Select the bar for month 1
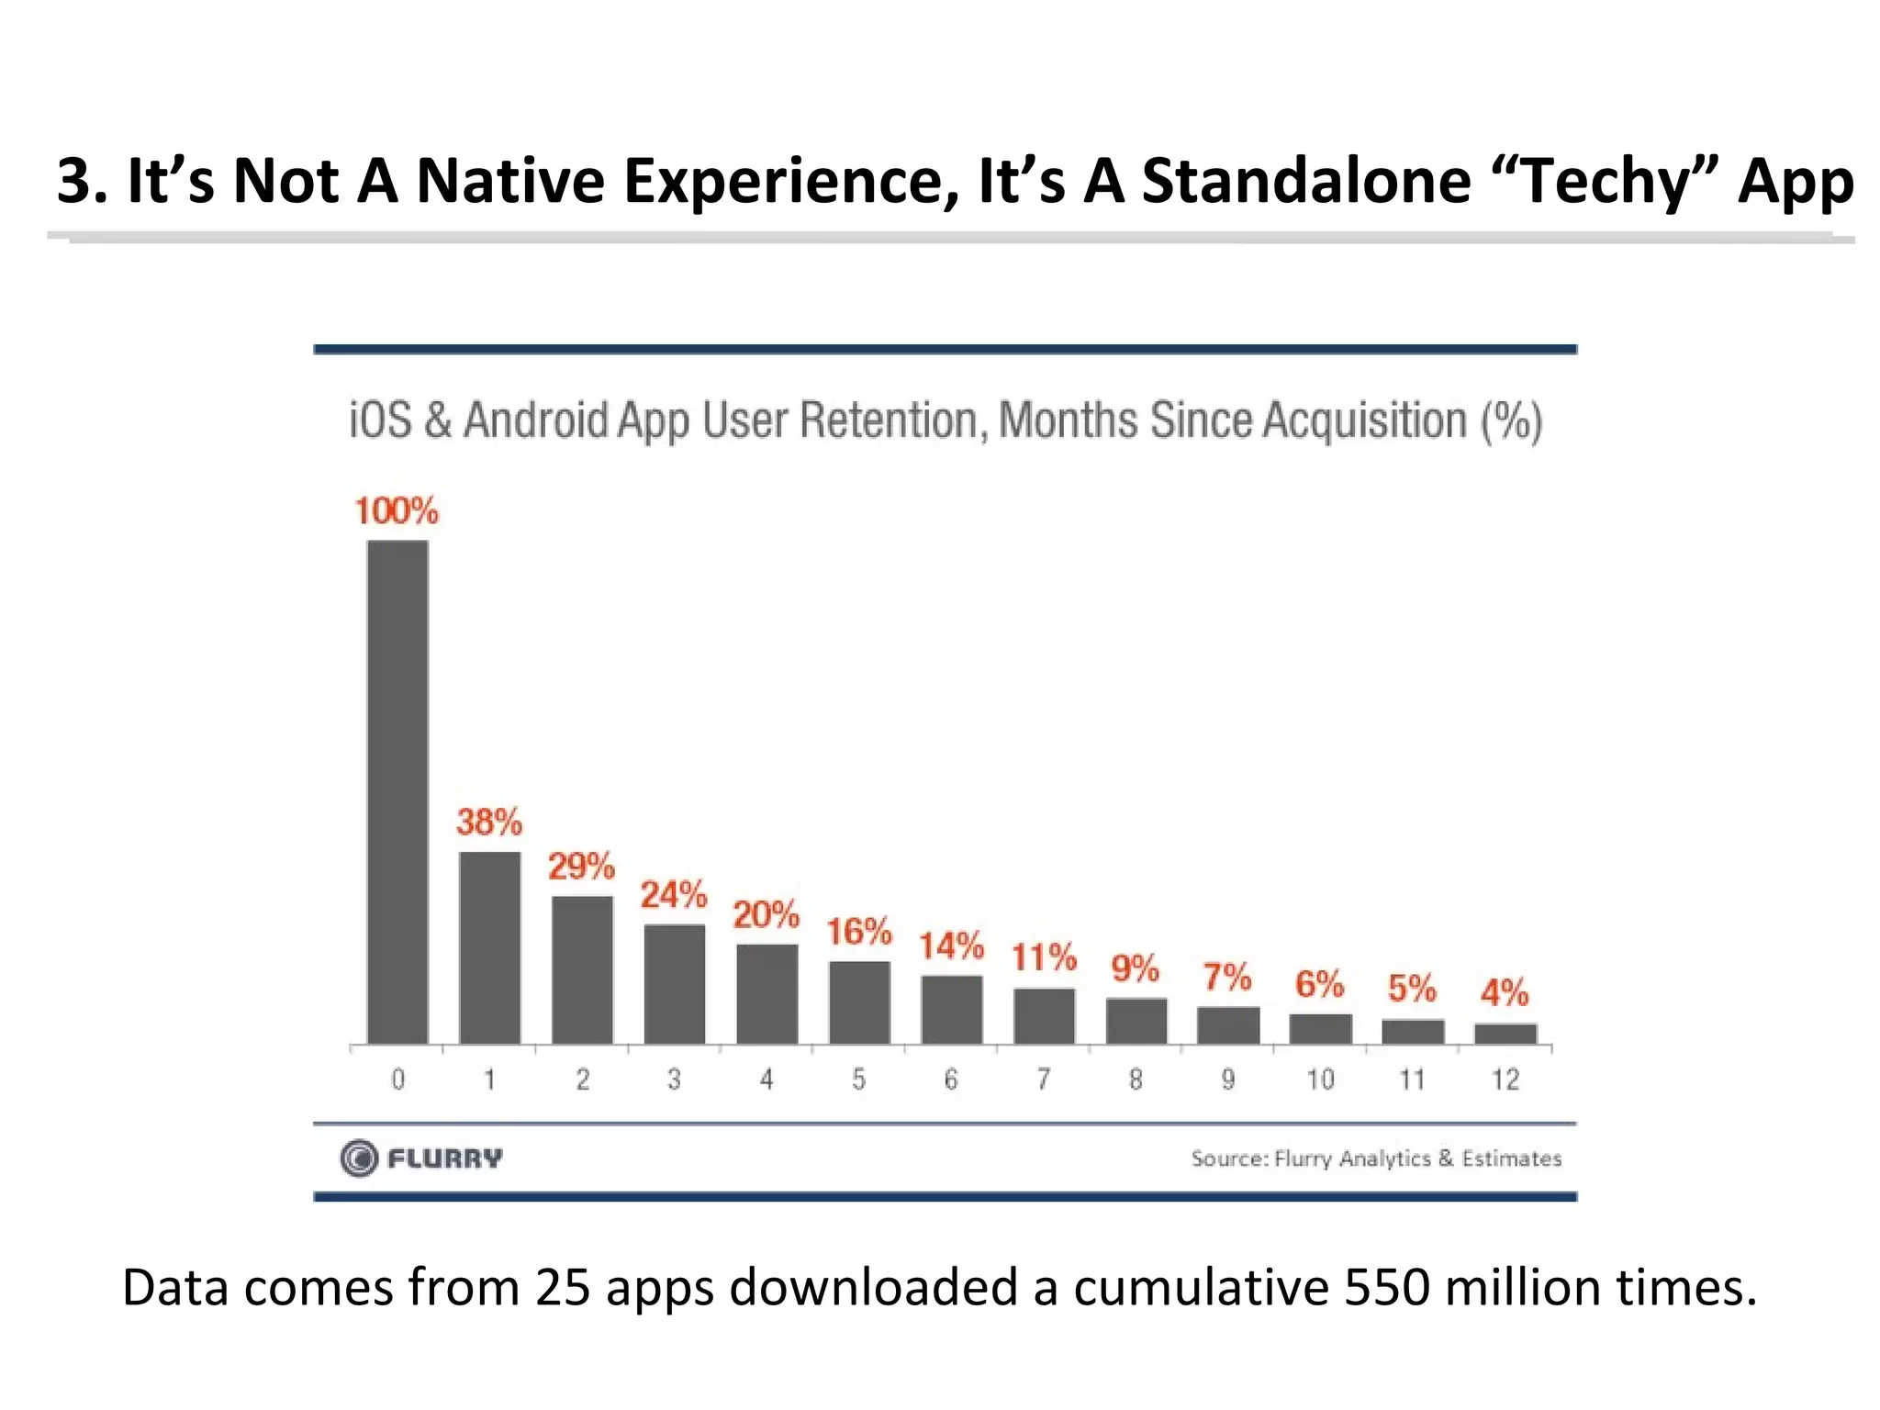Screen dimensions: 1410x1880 click(489, 947)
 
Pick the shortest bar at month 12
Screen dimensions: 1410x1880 click(1505, 1034)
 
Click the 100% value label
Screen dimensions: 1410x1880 click(397, 511)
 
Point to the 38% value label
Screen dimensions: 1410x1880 click(489, 822)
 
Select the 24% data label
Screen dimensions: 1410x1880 click(674, 895)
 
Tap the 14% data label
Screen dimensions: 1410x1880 click(951, 946)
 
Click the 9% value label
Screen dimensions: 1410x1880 click(1136, 968)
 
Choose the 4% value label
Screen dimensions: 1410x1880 click(1505, 992)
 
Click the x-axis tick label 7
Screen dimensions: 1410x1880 click(1044, 1080)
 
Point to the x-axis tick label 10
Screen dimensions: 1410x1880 click(1320, 1080)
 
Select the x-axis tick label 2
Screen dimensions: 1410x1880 click(582, 1080)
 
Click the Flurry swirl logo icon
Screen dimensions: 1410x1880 click(359, 1158)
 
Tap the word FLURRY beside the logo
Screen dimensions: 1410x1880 click(445, 1158)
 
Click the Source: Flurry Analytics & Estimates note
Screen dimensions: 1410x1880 click(1376, 1158)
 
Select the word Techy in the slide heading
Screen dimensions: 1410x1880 click(1604, 181)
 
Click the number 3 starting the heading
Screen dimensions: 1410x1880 click(75, 181)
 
